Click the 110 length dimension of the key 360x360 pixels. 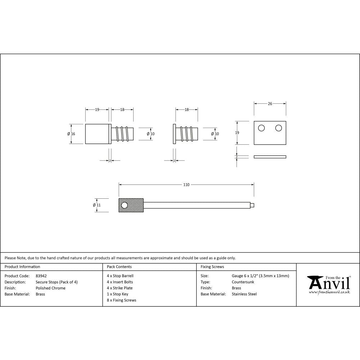pyautogui.click(x=186, y=185)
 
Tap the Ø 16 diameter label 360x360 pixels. pyautogui.click(x=71, y=134)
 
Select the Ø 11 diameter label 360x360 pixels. pyautogui.click(x=96, y=205)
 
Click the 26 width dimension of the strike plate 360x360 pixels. pyautogui.click(x=270, y=104)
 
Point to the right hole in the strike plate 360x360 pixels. pyautogui.click(x=278, y=128)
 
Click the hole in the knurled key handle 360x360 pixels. pyautogui.click(x=125, y=205)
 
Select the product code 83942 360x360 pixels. pyautogui.click(x=41, y=276)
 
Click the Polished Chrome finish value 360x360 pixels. pyautogui.click(x=50, y=288)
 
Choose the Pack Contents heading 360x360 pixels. pyautogui.click(x=119, y=267)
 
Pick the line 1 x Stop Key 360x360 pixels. pyautogui.click(x=117, y=294)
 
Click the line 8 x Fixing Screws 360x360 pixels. pyautogui.click(x=121, y=300)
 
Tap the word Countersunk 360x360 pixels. pyautogui.click(x=243, y=282)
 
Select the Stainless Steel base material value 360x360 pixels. pyautogui.click(x=244, y=294)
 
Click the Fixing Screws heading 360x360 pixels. pyautogui.click(x=212, y=267)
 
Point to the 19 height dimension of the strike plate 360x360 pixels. pyautogui.click(x=237, y=133)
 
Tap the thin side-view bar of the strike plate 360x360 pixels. pyautogui.click(x=270, y=157)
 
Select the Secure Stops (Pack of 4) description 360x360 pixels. pyautogui.click(x=57, y=282)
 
